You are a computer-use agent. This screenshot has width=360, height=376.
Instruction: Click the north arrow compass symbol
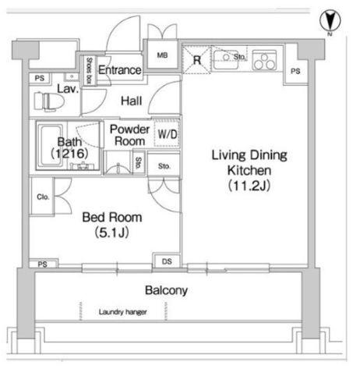point(330,21)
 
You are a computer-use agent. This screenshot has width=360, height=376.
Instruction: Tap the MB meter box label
point(162,55)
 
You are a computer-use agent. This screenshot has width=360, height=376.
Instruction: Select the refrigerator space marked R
point(196,60)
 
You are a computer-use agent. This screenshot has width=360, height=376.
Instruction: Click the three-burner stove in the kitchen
point(264,61)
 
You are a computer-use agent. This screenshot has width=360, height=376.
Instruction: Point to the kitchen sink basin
point(225,60)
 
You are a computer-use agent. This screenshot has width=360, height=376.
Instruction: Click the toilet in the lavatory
point(49,101)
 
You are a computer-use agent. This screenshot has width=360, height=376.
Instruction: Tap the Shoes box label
point(89,71)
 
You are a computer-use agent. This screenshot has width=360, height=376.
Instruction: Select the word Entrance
point(120,70)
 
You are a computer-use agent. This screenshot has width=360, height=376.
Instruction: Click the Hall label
point(132,101)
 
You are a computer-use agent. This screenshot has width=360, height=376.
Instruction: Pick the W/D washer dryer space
point(167,133)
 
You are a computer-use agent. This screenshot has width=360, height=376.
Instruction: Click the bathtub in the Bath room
point(50,146)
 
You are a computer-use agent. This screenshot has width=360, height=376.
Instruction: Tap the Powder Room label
point(129,135)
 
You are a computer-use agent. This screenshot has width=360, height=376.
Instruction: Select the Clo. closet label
point(43,197)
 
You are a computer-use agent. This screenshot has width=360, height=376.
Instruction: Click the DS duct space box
point(167,261)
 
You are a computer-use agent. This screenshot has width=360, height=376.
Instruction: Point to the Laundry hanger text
point(123,312)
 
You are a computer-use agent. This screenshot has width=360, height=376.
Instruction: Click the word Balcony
point(166,290)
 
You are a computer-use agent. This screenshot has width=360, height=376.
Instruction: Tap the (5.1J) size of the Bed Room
point(112,232)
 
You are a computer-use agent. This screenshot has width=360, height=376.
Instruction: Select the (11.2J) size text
point(249,186)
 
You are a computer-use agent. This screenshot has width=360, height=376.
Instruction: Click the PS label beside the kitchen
point(295,71)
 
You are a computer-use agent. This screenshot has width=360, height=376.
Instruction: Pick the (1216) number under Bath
point(69,154)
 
